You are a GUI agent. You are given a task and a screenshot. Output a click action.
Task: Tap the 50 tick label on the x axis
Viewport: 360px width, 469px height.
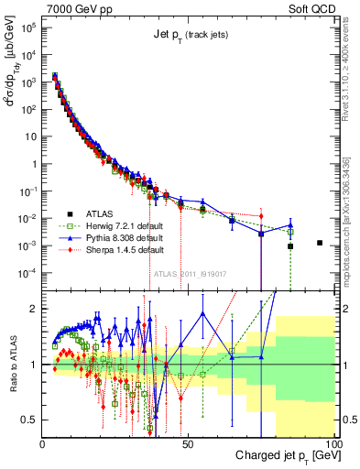click(187, 444)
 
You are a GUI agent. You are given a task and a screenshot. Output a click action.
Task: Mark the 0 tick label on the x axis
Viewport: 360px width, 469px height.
click(43, 444)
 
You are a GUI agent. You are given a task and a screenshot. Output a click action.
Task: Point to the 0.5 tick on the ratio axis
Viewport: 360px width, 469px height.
click(29, 420)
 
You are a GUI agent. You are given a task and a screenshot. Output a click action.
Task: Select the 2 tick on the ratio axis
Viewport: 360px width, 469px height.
click(34, 309)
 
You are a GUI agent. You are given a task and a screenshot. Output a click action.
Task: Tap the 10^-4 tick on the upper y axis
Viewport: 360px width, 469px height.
click(27, 273)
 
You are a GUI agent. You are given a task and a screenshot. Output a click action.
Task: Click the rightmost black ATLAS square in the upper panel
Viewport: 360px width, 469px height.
click(319, 243)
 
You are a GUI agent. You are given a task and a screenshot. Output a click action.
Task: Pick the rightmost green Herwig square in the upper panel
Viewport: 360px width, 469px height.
click(290, 232)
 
